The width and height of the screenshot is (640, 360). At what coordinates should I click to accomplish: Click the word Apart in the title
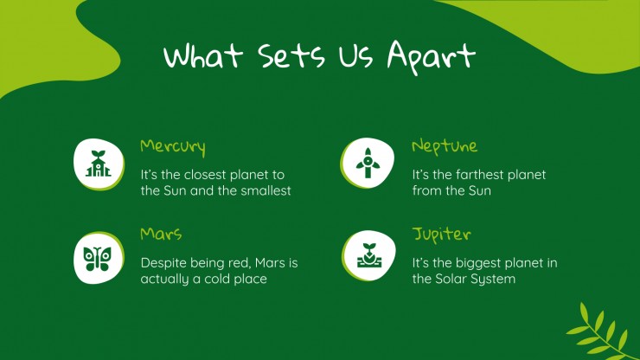(x=431, y=57)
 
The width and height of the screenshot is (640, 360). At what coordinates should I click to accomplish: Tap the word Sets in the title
(x=291, y=55)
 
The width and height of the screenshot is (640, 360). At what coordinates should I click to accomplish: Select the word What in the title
(x=203, y=55)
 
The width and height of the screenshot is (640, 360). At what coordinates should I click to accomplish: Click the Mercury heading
(x=173, y=147)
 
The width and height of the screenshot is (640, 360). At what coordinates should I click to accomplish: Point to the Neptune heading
(x=445, y=147)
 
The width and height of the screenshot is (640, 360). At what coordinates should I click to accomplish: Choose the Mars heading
(x=161, y=234)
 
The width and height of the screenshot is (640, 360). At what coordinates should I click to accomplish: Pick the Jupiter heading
(x=442, y=235)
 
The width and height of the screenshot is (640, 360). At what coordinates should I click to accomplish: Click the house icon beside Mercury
(x=98, y=164)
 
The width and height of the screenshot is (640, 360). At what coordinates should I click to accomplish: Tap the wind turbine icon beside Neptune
(x=368, y=163)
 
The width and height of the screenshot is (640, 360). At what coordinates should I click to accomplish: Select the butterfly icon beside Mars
(x=97, y=259)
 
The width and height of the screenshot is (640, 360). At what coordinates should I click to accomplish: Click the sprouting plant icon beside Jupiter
(x=369, y=255)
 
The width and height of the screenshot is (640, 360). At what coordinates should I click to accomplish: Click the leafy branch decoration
(x=601, y=331)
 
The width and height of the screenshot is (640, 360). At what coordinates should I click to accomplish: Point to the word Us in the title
(x=355, y=55)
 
